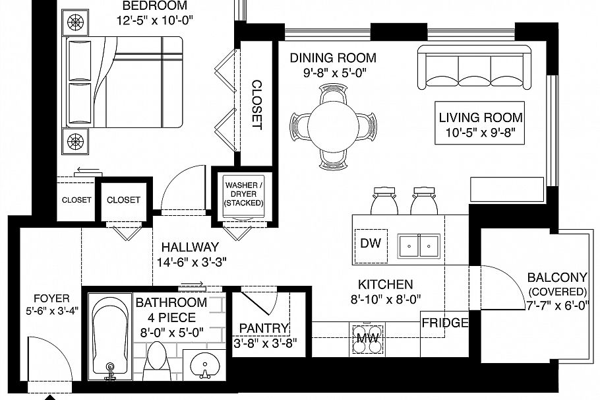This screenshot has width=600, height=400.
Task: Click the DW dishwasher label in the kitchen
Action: coord(371,243)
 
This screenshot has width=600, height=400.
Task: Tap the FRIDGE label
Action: coord(445,323)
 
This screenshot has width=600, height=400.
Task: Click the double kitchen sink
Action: coord(419,246)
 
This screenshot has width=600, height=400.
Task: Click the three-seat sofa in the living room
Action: coord(475,68)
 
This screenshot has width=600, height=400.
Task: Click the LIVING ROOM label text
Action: coord(481,117)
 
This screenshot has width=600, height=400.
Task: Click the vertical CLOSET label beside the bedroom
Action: coord(256,104)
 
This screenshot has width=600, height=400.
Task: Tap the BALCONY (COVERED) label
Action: coord(556,284)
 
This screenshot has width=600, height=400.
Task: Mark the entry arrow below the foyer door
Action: coord(49,396)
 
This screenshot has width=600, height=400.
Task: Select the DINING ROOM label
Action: coord(333,57)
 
